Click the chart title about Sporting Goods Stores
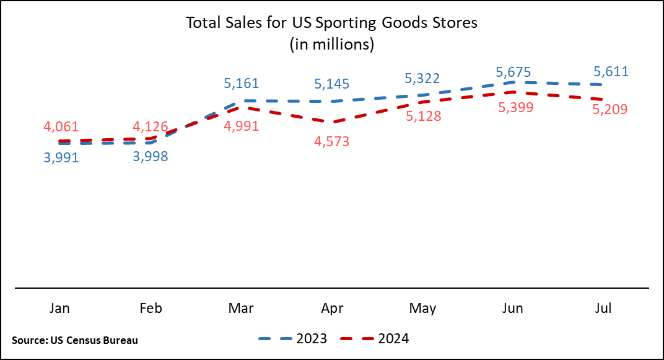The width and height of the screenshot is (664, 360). click(332, 24)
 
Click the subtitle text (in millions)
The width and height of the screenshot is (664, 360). click(332, 44)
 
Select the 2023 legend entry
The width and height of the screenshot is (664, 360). click(292, 338)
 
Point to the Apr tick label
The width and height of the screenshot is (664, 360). click(332, 308)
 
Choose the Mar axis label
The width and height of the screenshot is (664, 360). click(242, 308)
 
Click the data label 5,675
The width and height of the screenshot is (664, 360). click(513, 71)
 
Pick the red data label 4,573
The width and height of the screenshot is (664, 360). click(332, 141)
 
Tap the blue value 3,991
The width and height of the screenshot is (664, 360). click(61, 157)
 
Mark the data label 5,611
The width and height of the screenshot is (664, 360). click(611, 71)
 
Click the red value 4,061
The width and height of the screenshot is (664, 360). click(61, 126)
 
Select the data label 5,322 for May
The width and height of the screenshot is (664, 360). click(422, 78)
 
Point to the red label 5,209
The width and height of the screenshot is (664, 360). click(611, 109)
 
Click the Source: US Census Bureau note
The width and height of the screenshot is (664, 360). click(74, 340)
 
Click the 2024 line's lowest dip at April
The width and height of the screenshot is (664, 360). click(332, 121)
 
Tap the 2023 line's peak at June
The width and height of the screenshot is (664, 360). click(513, 82)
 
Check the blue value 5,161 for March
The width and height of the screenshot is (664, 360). click(242, 82)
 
